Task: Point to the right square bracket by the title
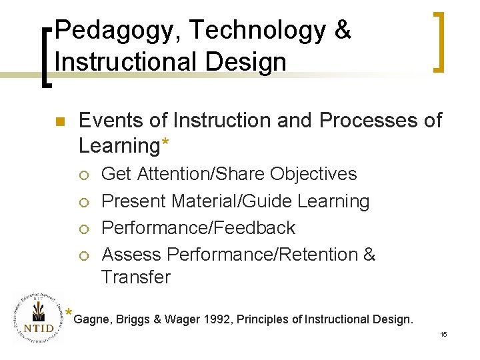pos(438,41)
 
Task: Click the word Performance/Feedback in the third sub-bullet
pos(197,227)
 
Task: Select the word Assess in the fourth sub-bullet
pos(131,254)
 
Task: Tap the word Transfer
pos(135,277)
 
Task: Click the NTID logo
pos(35,318)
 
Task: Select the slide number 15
pos(443,334)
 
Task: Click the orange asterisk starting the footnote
pos(69,313)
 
